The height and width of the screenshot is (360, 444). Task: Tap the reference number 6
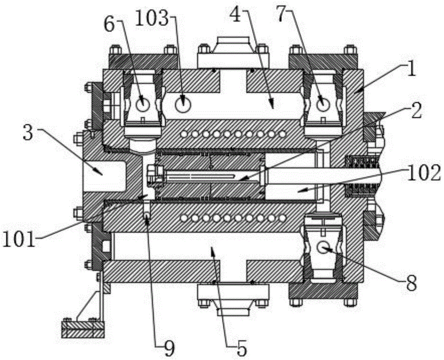110,25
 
